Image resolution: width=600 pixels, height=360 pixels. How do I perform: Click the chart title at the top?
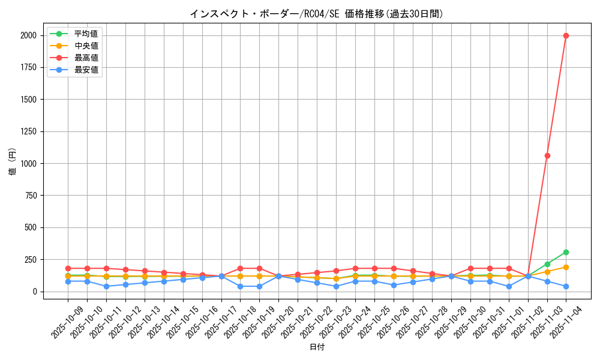coord(317,14)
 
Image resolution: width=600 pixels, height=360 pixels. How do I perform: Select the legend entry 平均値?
coord(86,34)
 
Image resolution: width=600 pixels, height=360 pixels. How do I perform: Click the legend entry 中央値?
coord(86,46)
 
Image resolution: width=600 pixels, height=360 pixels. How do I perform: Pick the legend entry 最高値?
coord(86,58)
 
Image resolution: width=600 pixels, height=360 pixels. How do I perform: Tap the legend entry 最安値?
coord(86,70)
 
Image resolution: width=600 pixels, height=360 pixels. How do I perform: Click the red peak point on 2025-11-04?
coord(566,35)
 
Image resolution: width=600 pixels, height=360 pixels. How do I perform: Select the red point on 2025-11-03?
coord(547,155)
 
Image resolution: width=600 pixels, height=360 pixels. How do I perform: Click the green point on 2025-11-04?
coord(566,252)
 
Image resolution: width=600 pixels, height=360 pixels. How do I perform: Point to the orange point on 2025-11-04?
coord(566,267)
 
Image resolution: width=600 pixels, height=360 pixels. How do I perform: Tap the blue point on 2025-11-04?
coord(566,286)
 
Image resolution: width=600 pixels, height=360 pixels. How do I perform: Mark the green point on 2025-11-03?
coord(547,264)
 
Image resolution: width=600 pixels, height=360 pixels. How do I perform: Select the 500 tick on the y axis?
coord(31,227)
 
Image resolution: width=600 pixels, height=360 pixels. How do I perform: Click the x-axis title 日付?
coord(317,347)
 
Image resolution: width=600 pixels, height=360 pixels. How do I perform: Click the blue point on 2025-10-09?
coord(68,281)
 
